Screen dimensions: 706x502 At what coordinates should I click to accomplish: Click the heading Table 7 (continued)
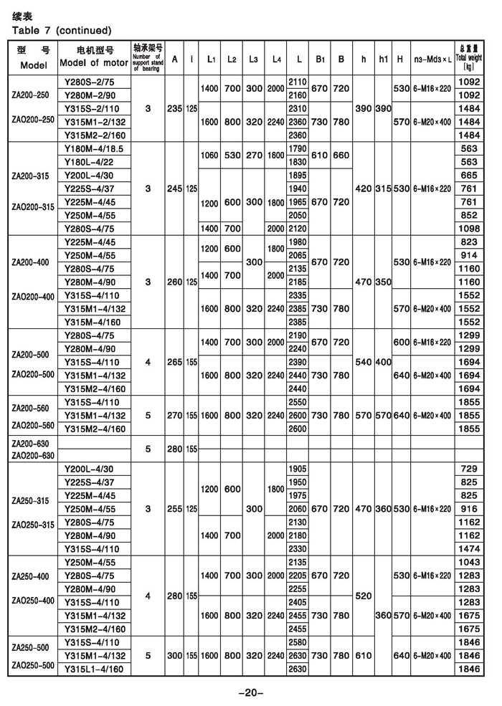[x=62, y=31]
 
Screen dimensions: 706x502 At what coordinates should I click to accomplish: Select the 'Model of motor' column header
[x=95, y=63]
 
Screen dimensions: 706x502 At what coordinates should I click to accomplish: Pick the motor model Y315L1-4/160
[x=95, y=669]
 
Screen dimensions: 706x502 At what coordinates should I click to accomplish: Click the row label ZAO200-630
[x=32, y=456]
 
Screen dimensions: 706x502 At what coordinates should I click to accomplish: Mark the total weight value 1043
[x=468, y=562]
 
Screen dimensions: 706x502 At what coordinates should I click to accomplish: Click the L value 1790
[x=297, y=148]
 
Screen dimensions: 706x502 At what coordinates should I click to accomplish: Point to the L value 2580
[x=297, y=642]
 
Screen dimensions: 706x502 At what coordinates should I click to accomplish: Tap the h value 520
[x=365, y=595]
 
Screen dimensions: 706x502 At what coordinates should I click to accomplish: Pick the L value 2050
[x=297, y=215]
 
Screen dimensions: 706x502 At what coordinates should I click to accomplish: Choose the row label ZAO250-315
[x=32, y=525]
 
